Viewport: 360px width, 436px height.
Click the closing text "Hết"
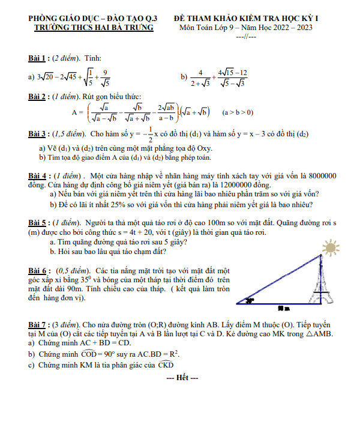(x=181, y=377)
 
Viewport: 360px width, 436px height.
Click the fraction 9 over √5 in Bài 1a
(x=105, y=77)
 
